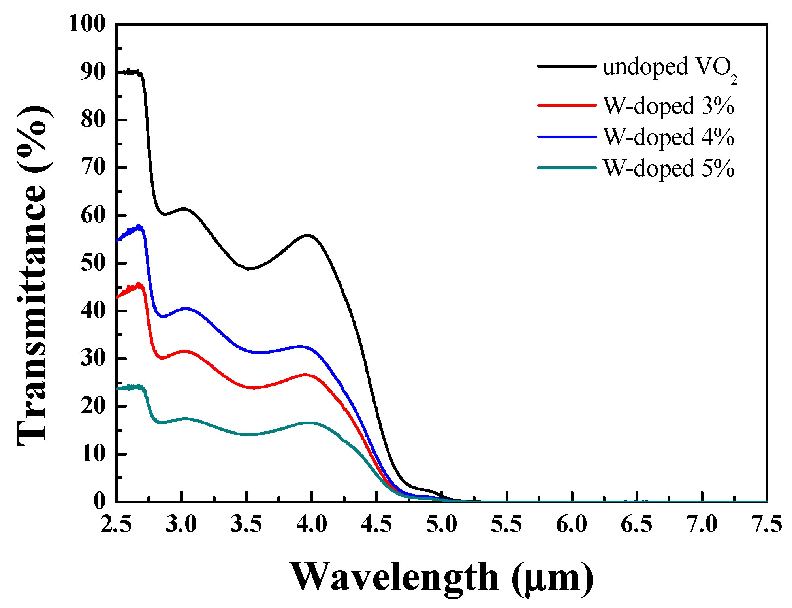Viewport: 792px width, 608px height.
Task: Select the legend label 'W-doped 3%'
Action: (669, 106)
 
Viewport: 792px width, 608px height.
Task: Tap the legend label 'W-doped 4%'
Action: (669, 137)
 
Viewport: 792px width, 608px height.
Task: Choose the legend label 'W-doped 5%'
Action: (669, 168)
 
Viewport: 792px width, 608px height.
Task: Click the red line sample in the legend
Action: (566, 105)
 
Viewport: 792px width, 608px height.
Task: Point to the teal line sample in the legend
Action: (566, 168)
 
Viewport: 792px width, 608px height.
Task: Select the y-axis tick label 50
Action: (93, 263)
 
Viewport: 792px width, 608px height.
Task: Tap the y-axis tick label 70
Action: (93, 168)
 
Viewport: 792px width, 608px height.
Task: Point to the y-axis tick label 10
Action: (93, 454)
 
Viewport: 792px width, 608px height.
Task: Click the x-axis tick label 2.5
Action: (116, 524)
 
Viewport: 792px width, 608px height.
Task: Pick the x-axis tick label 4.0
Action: (311, 524)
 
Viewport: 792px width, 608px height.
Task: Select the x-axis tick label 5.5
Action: (507, 524)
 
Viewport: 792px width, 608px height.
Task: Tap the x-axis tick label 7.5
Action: (766, 524)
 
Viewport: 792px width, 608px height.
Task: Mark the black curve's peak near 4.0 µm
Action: (308, 235)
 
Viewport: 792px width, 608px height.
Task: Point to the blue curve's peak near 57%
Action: (138, 226)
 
